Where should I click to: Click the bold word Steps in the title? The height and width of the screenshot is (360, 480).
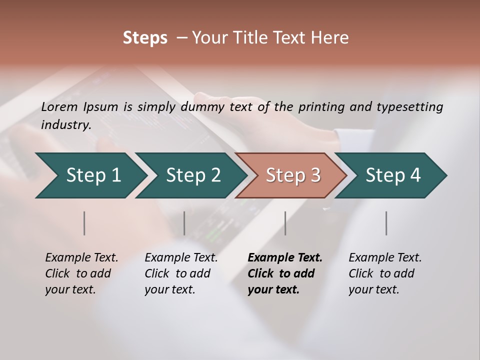point(145,38)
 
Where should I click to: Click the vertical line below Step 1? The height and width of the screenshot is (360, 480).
point(84,223)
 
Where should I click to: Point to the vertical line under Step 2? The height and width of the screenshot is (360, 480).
point(184,223)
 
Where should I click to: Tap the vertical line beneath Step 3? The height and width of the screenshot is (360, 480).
point(285,223)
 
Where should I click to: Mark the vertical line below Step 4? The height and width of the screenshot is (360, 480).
point(386,223)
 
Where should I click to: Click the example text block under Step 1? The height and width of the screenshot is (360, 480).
point(81,273)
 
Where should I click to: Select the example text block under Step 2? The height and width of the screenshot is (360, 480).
point(181,273)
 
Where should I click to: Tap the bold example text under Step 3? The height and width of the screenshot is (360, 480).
point(285,273)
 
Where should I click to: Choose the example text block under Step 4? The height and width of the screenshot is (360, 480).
point(385,273)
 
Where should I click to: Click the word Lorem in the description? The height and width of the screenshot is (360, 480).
point(59,106)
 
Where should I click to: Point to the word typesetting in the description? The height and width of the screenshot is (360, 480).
point(409,107)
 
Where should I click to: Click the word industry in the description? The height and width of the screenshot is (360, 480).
point(66,124)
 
